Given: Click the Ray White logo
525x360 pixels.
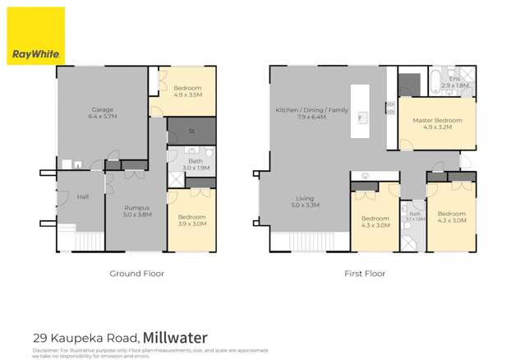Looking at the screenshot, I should (35, 36).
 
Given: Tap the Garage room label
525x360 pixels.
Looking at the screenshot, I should (103, 113).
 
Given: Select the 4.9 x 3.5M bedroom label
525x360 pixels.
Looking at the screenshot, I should (187, 91).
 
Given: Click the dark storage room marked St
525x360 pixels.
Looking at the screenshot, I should (191, 131).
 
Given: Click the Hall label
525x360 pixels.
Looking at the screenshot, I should (83, 196).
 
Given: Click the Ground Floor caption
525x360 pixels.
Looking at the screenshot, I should (136, 273).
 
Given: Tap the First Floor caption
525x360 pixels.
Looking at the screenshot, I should (364, 273).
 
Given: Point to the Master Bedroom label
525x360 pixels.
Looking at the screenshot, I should (436, 123).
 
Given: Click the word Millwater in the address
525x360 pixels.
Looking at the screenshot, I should (175, 337).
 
